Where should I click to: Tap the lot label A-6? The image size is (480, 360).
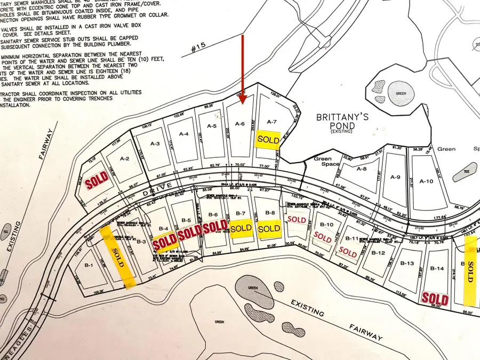click(240, 124)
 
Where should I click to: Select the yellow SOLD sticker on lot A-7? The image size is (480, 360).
click(268, 139)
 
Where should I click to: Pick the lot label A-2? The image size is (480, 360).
click(125, 158)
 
